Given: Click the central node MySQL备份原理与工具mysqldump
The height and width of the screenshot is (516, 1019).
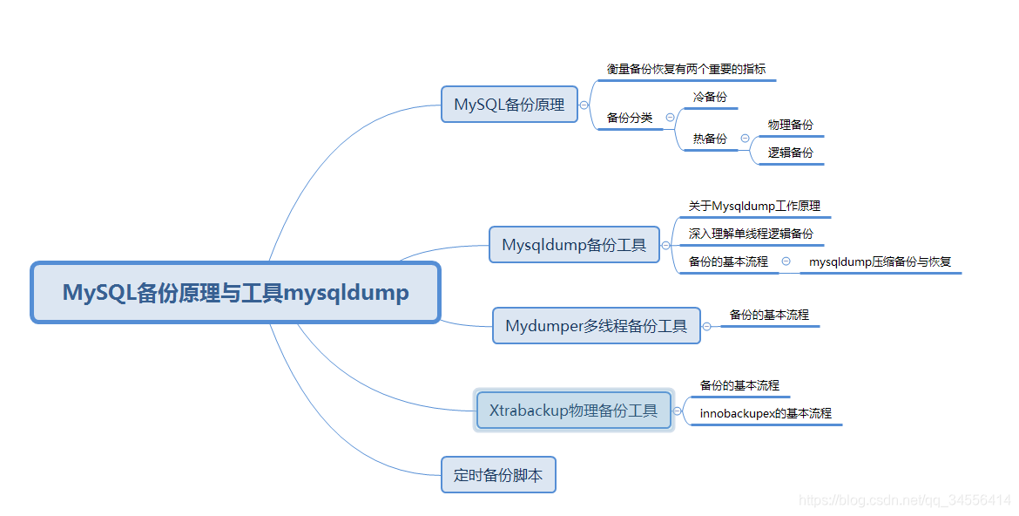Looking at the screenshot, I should click(235, 293).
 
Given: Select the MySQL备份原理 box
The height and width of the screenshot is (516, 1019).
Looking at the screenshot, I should click(509, 104).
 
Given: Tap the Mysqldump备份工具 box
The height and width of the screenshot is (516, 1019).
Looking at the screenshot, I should click(574, 245).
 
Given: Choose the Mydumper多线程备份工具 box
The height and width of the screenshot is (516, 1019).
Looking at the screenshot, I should click(596, 326).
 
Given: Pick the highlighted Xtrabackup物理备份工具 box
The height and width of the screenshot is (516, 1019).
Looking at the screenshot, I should click(573, 411).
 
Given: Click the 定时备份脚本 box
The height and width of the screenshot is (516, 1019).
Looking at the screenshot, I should click(498, 475).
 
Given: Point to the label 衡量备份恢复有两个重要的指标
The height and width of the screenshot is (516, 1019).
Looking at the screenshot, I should click(686, 69).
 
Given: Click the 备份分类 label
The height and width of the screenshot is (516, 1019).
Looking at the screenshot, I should click(630, 118).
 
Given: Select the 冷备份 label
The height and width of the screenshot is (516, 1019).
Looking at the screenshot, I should click(710, 97).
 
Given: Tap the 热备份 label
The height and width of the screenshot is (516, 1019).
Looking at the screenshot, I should click(710, 139).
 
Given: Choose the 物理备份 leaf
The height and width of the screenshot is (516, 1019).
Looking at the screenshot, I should click(790, 125).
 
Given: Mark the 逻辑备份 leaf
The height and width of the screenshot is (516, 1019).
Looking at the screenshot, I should click(790, 153).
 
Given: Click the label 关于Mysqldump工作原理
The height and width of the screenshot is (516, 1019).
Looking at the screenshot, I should click(754, 207).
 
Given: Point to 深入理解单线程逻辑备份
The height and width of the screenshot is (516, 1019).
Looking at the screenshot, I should click(751, 234).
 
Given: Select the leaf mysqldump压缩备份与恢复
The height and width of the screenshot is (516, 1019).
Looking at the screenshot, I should click(880, 261).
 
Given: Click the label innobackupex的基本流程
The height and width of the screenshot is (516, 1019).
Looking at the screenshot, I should click(766, 413).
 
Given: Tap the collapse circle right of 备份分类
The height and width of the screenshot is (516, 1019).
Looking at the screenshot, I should click(670, 118).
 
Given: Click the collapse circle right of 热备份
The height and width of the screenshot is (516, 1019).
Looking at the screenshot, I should click(745, 139).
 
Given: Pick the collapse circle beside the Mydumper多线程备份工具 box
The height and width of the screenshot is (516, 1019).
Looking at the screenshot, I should click(707, 326).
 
